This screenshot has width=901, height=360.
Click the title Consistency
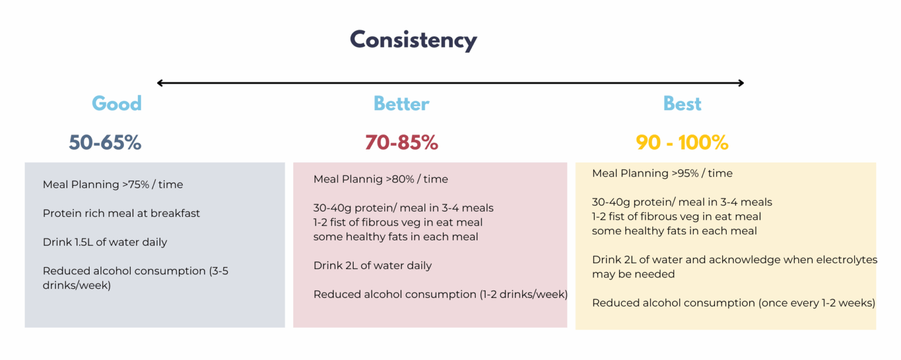coord(413,40)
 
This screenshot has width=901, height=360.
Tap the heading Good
coord(117,104)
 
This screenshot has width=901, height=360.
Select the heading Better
coord(401,104)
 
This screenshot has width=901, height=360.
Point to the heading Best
coord(682,104)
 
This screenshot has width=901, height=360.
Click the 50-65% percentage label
coord(105,142)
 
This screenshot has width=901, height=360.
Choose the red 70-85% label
coord(401,142)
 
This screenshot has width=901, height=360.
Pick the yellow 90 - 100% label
coord(682,142)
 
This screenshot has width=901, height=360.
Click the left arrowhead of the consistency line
coord(160,83)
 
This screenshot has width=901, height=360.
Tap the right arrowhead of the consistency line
coord(741,83)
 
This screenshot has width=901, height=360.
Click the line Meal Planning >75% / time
coord(113,185)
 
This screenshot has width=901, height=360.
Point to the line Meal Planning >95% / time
coord(662,174)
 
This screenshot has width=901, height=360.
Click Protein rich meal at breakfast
coord(121,213)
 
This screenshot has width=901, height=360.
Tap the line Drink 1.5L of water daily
coord(105,242)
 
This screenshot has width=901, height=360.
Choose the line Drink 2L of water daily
coord(372,266)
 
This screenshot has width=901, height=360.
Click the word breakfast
coord(175,213)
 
